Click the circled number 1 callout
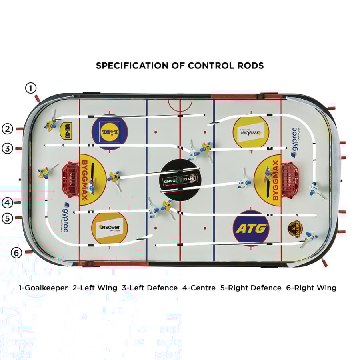[31, 88]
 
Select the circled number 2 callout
[7, 129]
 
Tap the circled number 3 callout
[7, 148]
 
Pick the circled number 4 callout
[7, 203]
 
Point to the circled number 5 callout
[7, 218]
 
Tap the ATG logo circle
[251, 229]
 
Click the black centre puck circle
[180, 180]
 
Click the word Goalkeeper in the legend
[46, 288]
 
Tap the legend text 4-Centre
[199, 288]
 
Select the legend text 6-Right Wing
[311, 288]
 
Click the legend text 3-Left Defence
[150, 288]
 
